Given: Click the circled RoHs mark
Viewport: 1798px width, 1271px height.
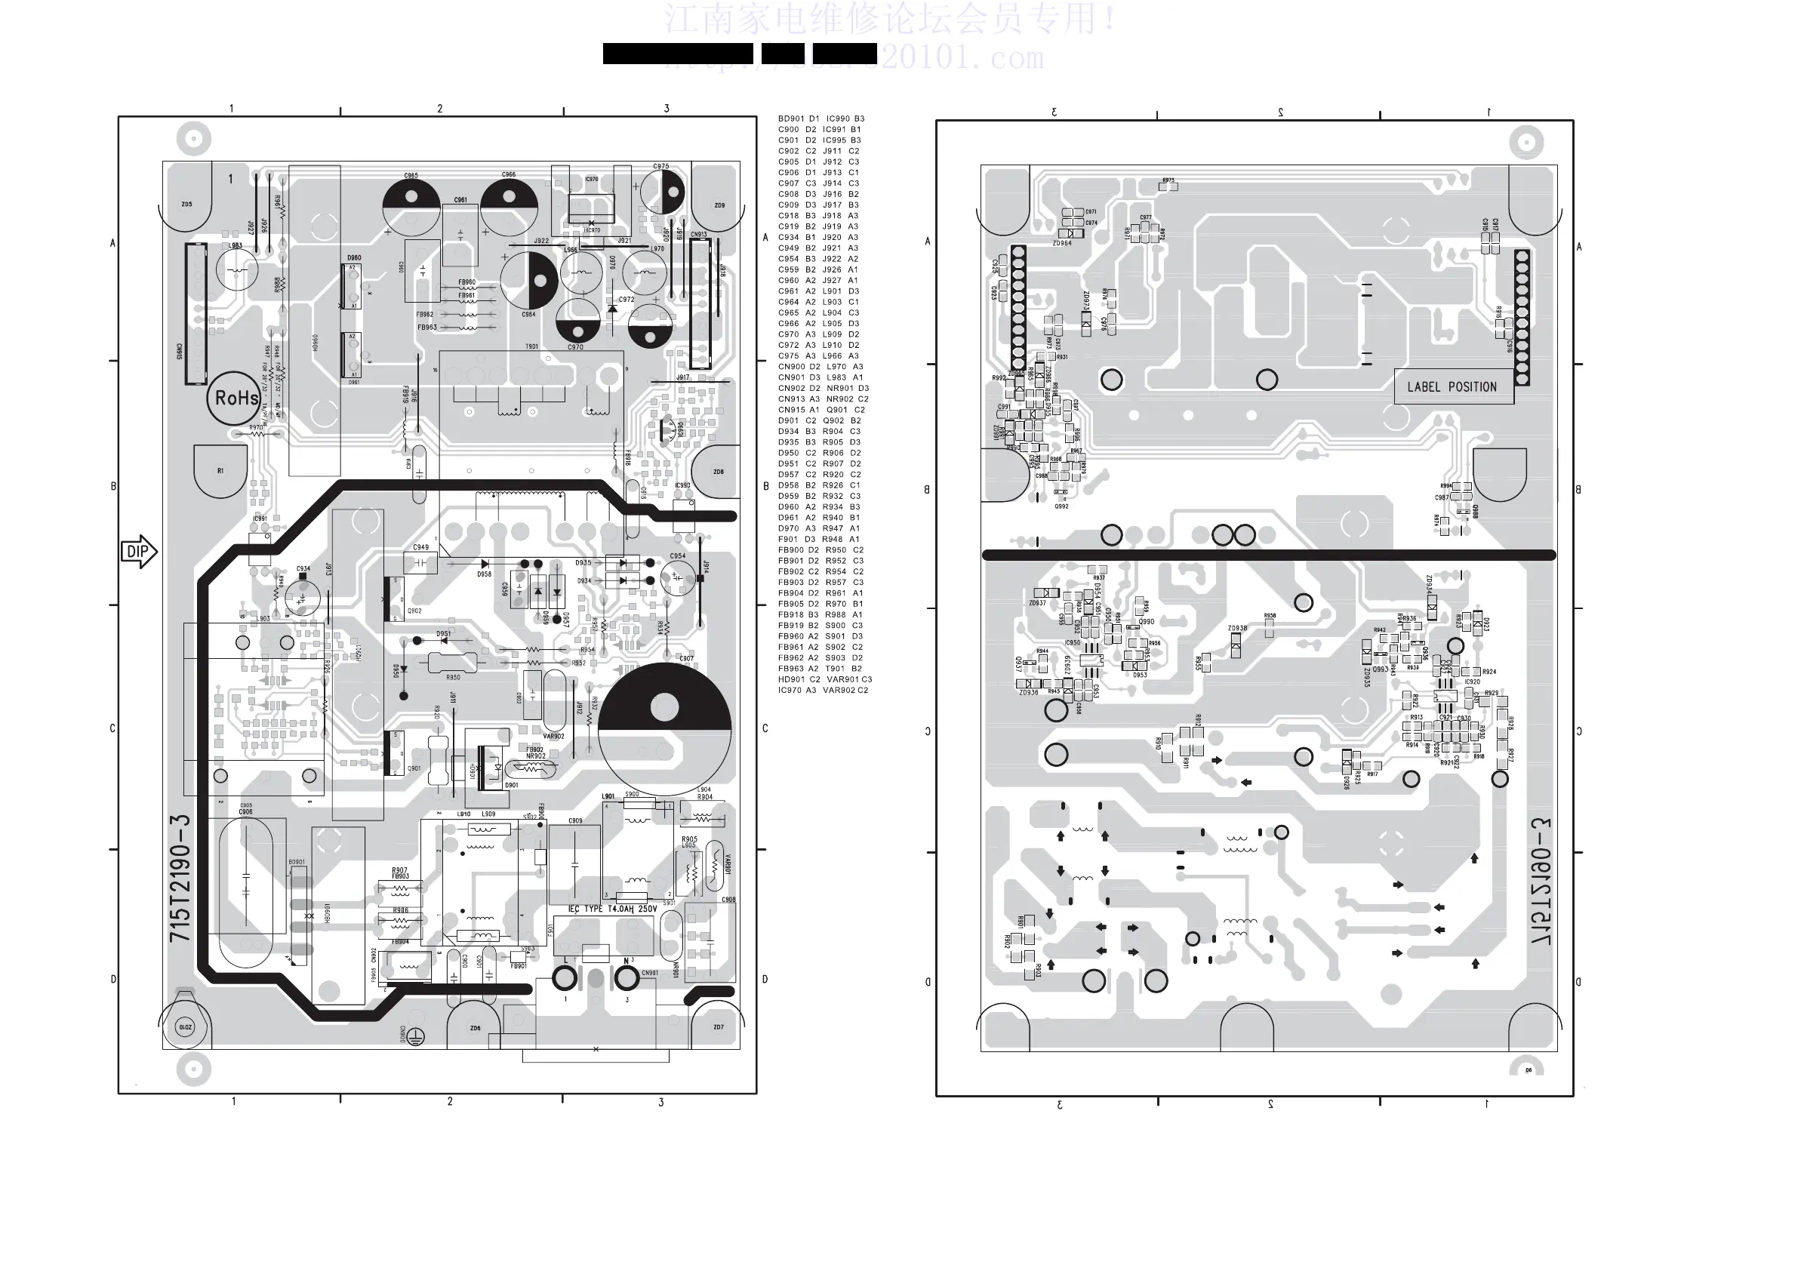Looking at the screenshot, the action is [x=236, y=399].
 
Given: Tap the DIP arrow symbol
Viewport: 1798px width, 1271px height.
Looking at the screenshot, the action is [x=139, y=552].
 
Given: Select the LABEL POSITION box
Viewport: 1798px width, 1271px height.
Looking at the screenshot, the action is [x=1452, y=387].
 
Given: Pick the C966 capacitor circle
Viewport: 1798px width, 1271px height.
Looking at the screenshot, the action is [x=509, y=206].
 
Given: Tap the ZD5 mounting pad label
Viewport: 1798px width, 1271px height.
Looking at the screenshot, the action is [x=186, y=205].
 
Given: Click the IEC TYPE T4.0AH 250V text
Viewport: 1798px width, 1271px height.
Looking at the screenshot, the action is [x=612, y=909].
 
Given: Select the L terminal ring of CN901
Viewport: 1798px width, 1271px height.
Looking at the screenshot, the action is [x=565, y=977].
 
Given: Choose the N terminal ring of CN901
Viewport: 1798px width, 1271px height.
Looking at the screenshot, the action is [x=627, y=977].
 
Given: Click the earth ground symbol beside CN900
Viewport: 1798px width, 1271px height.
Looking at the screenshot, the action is [x=416, y=1038].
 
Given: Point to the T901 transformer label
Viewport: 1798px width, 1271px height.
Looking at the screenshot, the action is [x=531, y=346].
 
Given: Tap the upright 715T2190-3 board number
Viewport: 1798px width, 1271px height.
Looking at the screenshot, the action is [x=180, y=878].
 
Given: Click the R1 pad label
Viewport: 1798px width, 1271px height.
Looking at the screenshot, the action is [x=220, y=471].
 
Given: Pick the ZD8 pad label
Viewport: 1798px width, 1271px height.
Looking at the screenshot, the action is [x=718, y=472].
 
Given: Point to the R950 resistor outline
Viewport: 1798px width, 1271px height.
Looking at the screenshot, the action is [x=453, y=664].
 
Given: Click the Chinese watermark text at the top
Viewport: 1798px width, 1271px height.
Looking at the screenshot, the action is [x=891, y=19].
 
